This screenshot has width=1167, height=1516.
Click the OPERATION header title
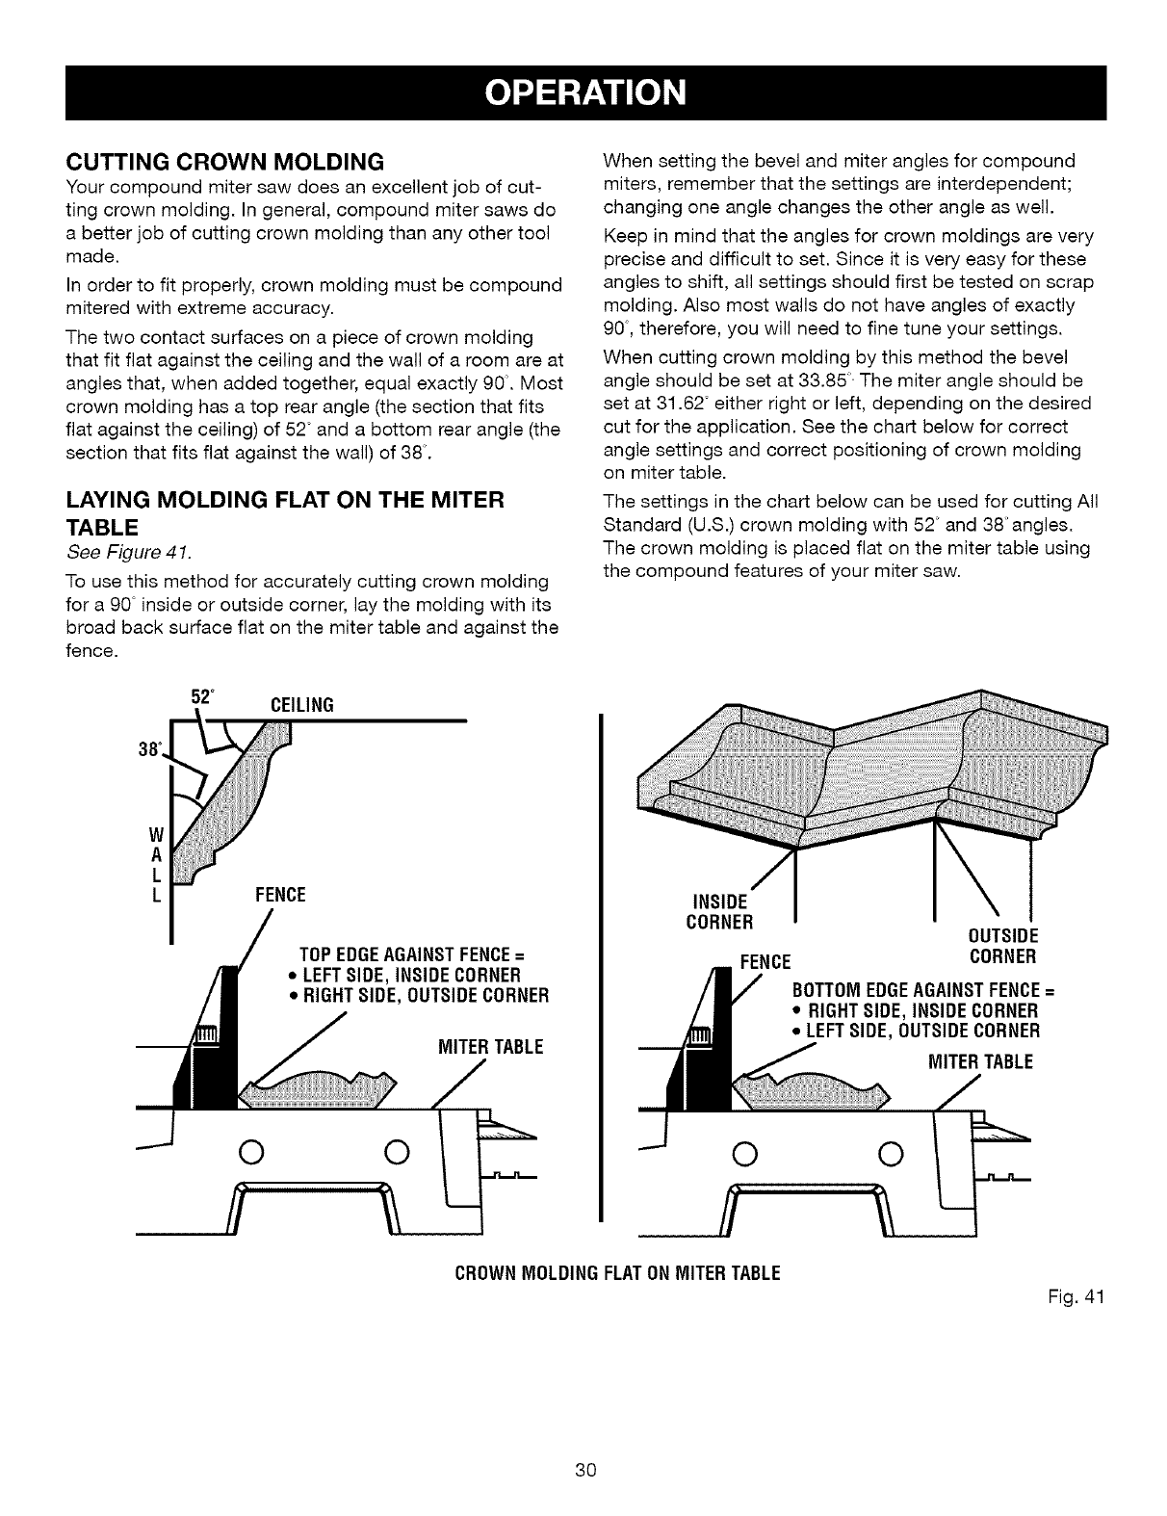pos(585,92)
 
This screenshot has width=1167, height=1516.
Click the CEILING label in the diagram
pos(297,705)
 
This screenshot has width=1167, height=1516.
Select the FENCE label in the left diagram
pos(279,896)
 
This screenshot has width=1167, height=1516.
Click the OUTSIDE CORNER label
pos(1002,947)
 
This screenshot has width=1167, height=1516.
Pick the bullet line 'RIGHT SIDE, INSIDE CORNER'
pos(914,1011)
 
